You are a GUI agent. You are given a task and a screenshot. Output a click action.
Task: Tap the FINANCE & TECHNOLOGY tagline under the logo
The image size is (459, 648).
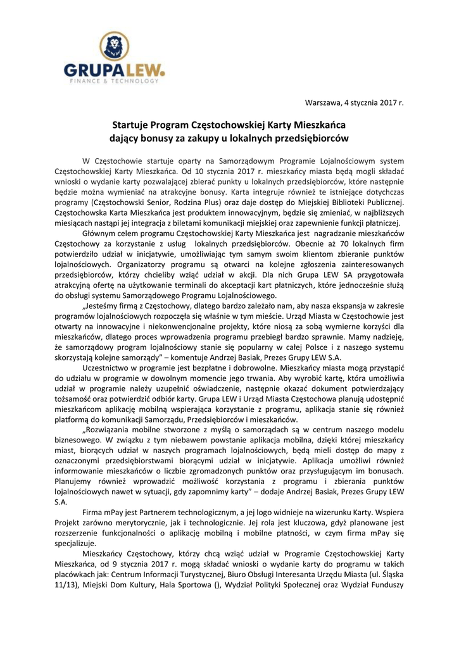click(113, 81)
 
